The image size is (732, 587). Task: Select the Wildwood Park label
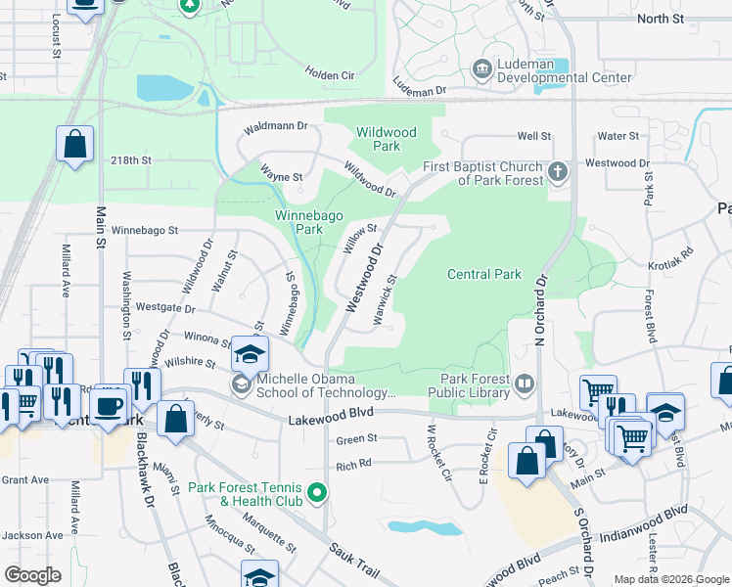tap(386, 139)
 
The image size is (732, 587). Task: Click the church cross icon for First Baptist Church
tap(557, 172)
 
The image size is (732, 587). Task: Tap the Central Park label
tap(484, 275)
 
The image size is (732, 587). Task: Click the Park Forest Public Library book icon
tap(525, 384)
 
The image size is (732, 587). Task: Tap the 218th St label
tap(131, 159)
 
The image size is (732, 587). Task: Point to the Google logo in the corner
tap(33, 574)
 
